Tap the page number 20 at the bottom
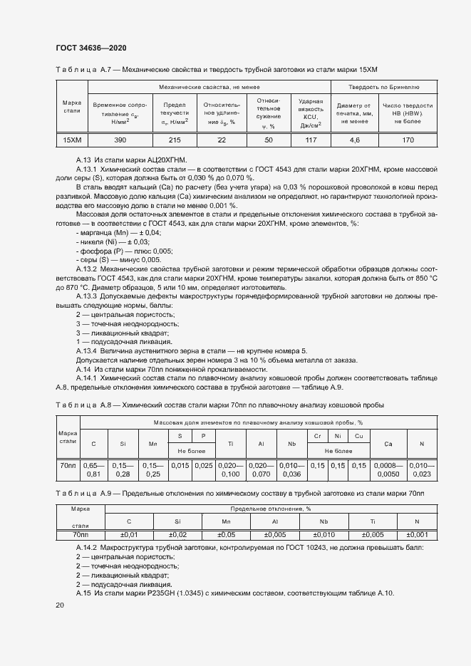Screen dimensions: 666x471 point(59,605)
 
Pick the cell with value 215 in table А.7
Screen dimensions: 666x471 point(175,140)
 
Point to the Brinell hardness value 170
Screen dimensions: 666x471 point(408,140)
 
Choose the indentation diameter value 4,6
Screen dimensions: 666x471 point(355,140)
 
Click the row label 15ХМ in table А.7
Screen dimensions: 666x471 point(72,140)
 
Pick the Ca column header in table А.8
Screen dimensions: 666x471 point(388,444)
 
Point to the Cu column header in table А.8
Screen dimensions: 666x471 point(358,435)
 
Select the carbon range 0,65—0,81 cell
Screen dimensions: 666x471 point(93,469)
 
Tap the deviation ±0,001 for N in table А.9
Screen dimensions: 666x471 point(418,534)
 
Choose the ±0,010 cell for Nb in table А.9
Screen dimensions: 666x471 point(324,534)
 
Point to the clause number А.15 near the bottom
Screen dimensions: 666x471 point(83,593)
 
